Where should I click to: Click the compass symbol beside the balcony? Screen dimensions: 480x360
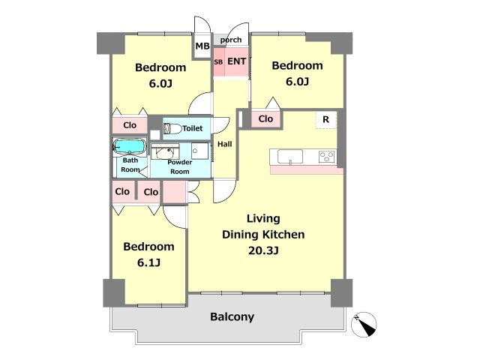pyautogui.click(x=364, y=325)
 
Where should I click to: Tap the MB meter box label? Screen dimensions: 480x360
pyautogui.click(x=202, y=46)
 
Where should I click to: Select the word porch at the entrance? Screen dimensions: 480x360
pyautogui.click(x=231, y=40)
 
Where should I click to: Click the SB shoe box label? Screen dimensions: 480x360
pyautogui.click(x=218, y=61)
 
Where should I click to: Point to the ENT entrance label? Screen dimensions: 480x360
pyautogui.click(x=237, y=61)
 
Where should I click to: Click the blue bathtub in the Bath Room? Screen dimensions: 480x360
pyautogui.click(x=130, y=146)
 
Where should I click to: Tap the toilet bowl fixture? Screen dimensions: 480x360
pyautogui.click(x=172, y=128)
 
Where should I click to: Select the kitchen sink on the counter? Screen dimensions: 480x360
pyautogui.click(x=290, y=157)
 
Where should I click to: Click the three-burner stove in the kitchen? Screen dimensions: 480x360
pyautogui.click(x=327, y=157)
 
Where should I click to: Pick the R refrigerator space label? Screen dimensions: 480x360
pyautogui.click(x=325, y=119)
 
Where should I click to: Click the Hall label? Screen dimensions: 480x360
pyautogui.click(x=225, y=144)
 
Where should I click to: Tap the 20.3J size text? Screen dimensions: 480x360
pyautogui.click(x=263, y=250)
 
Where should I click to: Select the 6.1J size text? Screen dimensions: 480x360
pyautogui.click(x=148, y=262)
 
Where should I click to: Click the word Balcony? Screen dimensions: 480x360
pyautogui.click(x=232, y=316)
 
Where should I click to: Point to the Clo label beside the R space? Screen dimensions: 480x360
pyautogui.click(x=265, y=118)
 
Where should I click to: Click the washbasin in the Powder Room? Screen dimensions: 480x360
pyautogui.click(x=166, y=152)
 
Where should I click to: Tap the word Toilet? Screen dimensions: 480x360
pyautogui.click(x=193, y=128)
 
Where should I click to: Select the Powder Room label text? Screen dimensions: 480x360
pyautogui.click(x=180, y=166)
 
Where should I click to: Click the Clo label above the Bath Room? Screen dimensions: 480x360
pyautogui.click(x=130, y=125)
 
